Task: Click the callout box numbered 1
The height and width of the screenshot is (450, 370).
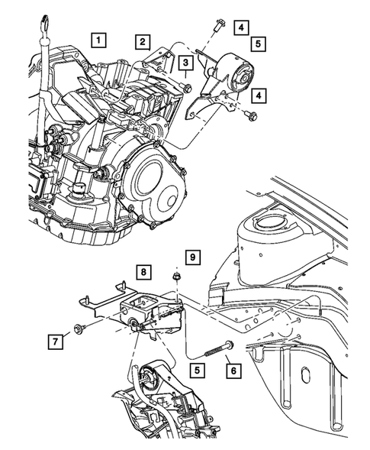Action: tap(99, 37)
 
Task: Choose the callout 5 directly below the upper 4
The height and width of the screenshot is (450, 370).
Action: tap(259, 45)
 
